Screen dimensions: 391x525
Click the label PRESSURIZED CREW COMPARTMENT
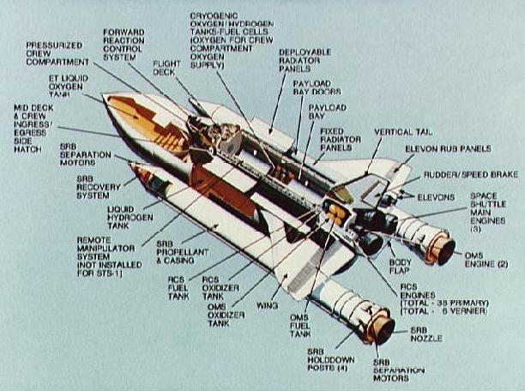click(57, 53)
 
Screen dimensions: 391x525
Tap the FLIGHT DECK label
click(166, 68)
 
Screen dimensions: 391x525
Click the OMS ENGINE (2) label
click(486, 260)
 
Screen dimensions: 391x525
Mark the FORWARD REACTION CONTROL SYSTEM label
click(124, 45)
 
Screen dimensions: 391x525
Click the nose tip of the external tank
click(105, 96)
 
